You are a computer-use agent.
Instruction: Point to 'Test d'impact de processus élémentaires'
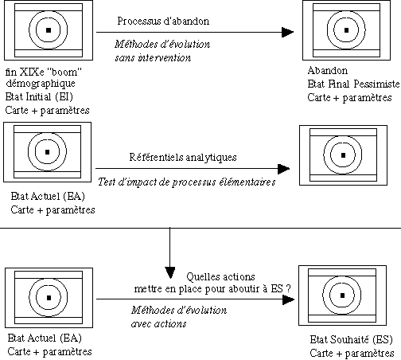[186, 182]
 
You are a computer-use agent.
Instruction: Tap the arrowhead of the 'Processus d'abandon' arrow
[286, 33]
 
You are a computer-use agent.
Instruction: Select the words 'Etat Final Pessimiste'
[349, 84]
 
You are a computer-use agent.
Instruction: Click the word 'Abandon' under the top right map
[325, 71]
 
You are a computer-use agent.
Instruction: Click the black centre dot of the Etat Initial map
[48, 30]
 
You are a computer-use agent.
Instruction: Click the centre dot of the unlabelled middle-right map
[343, 154]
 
